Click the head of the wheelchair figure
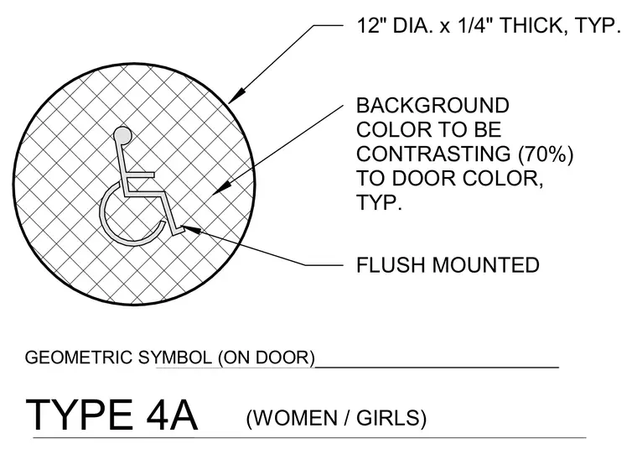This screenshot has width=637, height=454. point(122,135)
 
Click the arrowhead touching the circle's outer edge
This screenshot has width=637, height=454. point(236,96)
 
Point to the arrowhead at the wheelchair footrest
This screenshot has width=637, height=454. point(190,229)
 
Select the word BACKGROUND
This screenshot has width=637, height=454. point(432,106)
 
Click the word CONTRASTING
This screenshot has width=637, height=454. point(433,154)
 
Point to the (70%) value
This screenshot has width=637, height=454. point(544,154)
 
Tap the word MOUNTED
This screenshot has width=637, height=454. point(485,265)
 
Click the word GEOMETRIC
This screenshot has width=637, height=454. point(79,357)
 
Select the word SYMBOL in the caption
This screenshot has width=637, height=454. point(175,357)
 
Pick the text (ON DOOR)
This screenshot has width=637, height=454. point(267,358)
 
